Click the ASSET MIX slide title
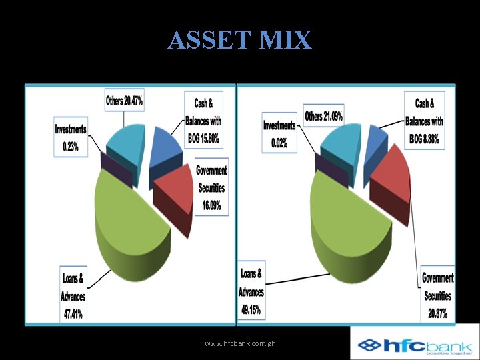click(x=239, y=40)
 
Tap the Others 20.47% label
click(x=125, y=101)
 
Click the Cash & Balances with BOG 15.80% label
click(x=203, y=121)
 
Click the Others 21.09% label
click(x=324, y=117)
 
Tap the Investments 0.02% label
click(x=279, y=134)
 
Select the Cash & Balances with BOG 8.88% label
click(x=424, y=121)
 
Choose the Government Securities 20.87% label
click(x=437, y=295)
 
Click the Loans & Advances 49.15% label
click(x=251, y=291)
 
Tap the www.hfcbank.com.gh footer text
click(x=240, y=343)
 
